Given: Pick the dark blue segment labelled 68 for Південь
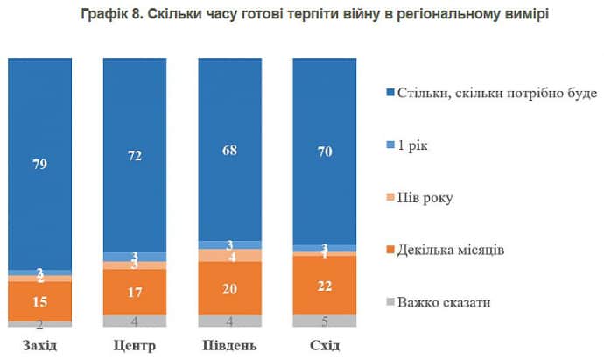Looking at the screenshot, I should coord(230,149).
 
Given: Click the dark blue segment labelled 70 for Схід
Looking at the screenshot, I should coord(326,151).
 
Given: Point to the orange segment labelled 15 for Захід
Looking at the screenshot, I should coord(39,301).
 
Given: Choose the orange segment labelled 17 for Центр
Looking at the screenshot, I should coord(135,292).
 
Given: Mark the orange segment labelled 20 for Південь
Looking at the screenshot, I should coord(230,288).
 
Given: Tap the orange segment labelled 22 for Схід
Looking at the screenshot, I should coord(326,285).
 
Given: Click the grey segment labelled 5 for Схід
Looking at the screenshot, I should coord(326,321).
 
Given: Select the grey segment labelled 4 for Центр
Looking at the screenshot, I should coord(135,321).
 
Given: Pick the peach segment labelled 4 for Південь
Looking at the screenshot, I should coord(230,256).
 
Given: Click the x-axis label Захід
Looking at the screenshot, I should coord(39,345).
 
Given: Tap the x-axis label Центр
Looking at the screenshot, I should coord(135,345).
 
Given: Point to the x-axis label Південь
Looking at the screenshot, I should coord(230,345).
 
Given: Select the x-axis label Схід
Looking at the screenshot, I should coord(326,345).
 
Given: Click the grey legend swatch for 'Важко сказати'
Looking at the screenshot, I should coord(388,303).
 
